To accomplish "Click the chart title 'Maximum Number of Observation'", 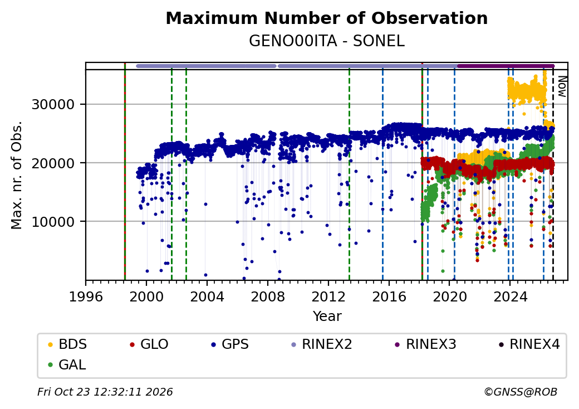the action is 326,18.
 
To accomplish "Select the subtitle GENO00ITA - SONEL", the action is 326,41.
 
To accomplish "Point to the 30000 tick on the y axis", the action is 53,105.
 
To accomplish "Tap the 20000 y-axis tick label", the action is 53,163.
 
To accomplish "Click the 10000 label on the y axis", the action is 53,222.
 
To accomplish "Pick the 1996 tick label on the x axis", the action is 86,296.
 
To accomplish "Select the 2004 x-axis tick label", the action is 207,296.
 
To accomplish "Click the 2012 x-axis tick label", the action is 328,296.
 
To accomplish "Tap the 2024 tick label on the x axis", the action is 510,296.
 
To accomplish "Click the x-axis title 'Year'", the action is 327,317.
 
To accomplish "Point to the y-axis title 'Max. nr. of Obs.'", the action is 17,175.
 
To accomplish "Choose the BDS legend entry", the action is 67,344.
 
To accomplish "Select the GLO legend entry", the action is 149,344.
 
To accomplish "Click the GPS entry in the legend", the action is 230,344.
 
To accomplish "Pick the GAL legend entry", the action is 67,364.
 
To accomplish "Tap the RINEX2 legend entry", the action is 322,344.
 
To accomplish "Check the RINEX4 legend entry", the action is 529,344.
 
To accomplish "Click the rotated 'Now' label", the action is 562,86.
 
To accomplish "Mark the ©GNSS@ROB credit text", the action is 521,392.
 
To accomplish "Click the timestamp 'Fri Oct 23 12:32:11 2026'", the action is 105,392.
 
